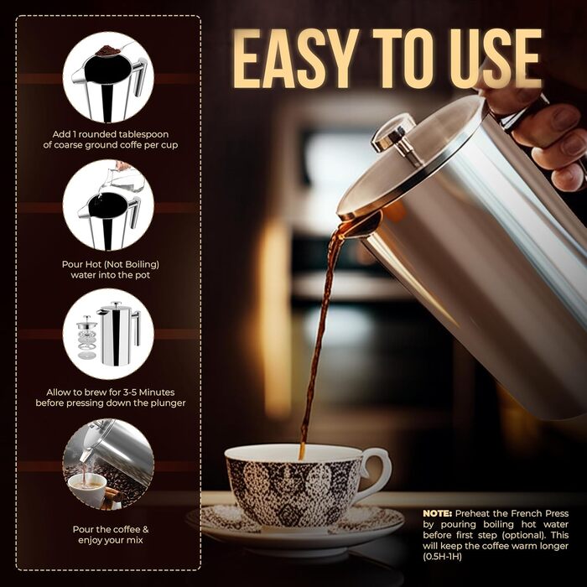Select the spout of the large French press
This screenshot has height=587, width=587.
pyautogui.click(x=356, y=225)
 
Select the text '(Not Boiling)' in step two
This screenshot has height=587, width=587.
pyautogui.click(x=129, y=263)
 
